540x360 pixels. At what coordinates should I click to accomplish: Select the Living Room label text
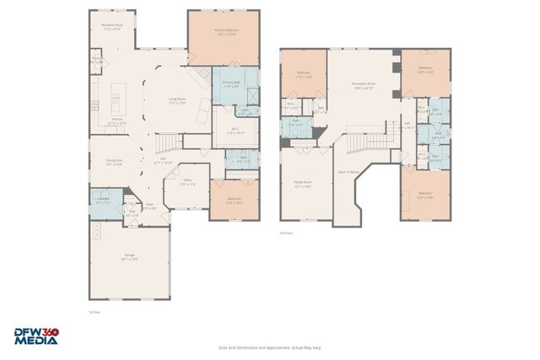[x=177, y=100]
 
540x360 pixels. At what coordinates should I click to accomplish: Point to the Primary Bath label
[x=231, y=83]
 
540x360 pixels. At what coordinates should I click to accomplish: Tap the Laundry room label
[x=103, y=201]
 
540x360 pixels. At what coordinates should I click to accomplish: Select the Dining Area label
[x=115, y=162]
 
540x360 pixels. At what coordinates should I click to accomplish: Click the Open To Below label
[x=348, y=171]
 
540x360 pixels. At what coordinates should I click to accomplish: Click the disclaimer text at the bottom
[x=270, y=347]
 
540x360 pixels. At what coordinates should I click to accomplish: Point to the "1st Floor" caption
[x=94, y=311]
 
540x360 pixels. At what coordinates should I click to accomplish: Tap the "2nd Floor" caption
[x=286, y=233]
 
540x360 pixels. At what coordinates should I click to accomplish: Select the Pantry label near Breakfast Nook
[x=97, y=61]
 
